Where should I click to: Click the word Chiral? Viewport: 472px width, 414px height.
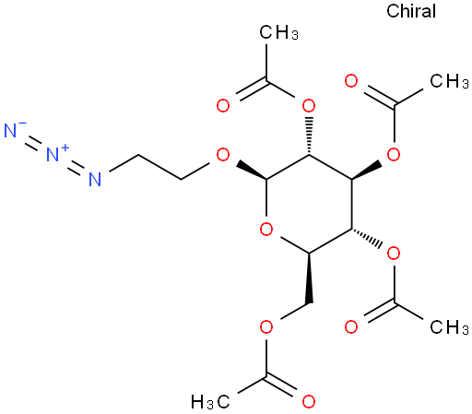[411, 11]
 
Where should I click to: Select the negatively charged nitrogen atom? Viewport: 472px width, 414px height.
[10, 131]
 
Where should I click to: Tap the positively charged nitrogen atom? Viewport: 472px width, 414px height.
[53, 154]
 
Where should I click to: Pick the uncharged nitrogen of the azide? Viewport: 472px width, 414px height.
[95, 179]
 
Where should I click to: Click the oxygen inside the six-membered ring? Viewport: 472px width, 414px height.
[266, 230]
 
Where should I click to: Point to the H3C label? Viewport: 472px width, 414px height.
[210, 401]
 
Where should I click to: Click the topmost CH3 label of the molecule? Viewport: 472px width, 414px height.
[278, 32]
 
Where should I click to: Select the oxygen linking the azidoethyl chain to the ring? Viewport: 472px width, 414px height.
[223, 155]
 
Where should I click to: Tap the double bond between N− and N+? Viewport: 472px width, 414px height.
[31, 143]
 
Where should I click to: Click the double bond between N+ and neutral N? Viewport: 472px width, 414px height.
[74, 168]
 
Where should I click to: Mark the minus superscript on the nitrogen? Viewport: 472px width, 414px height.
[23, 124]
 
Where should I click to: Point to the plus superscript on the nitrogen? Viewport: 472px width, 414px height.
[65, 148]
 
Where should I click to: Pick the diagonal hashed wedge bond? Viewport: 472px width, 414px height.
[367, 238]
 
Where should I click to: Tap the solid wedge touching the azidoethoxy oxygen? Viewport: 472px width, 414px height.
[251, 171]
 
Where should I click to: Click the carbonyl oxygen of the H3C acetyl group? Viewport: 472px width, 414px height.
[308, 401]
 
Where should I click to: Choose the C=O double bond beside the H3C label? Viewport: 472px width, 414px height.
[280, 385]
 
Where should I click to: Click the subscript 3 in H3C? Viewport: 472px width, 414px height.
[210, 406]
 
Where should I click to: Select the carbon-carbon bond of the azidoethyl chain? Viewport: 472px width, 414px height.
[159, 167]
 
